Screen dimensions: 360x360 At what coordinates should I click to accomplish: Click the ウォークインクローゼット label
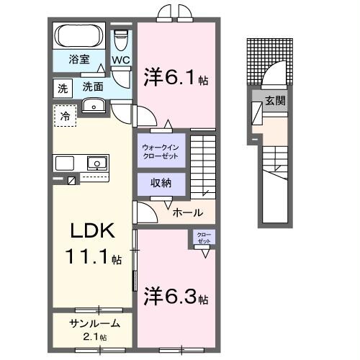coord(163,151)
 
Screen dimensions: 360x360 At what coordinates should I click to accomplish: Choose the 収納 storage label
coord(161,183)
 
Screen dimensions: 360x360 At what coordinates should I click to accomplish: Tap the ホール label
coord(188,213)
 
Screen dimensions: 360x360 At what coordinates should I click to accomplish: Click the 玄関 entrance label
coord(275,101)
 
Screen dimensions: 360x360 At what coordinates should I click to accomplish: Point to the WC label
coord(120,60)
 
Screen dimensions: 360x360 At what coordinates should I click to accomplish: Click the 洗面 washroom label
coord(93,86)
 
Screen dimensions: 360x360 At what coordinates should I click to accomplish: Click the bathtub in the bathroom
coord(80,36)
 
